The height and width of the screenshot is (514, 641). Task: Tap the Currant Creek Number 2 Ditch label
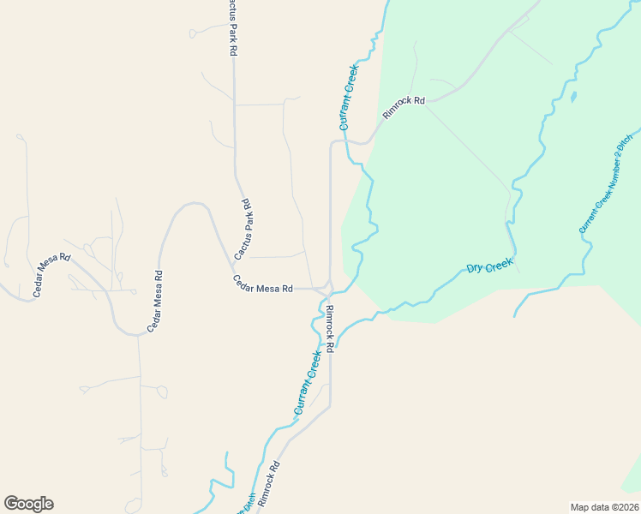[x=606, y=183]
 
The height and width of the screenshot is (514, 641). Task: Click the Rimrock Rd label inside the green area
[x=404, y=107]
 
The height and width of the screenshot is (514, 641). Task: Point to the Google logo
[x=28, y=504]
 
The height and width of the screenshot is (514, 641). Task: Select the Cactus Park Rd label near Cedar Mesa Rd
[x=243, y=230]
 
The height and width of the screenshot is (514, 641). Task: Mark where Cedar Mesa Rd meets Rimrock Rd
[x=326, y=290]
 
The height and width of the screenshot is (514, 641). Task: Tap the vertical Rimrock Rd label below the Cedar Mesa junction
[x=330, y=326]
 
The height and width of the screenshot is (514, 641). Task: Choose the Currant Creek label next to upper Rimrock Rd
[x=349, y=97]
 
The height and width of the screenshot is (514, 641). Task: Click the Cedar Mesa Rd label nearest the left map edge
[x=51, y=276]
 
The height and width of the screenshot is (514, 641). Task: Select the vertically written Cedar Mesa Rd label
[x=155, y=301]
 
